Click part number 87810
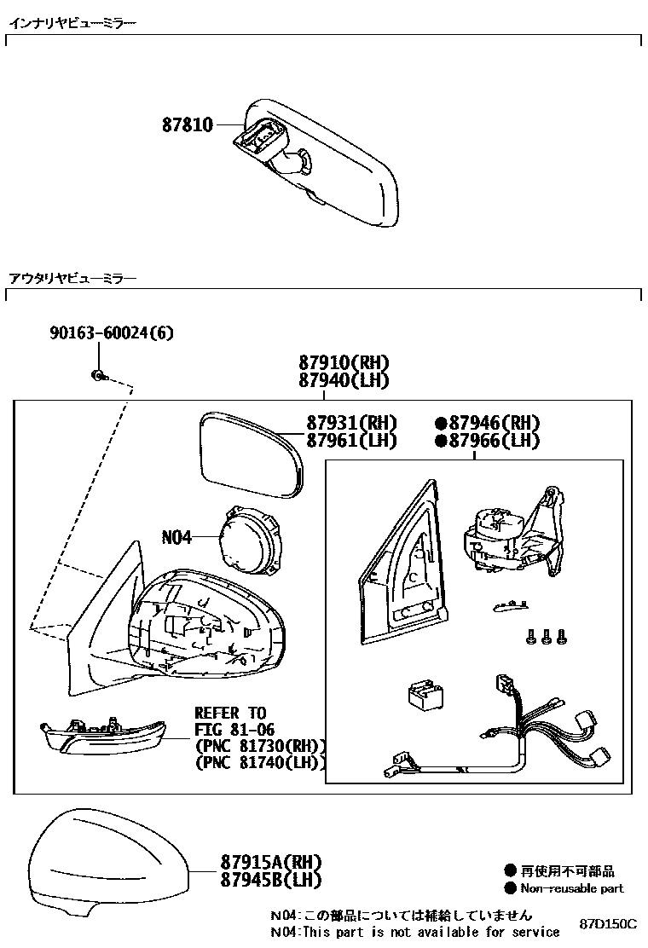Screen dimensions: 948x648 pyautogui.click(x=188, y=125)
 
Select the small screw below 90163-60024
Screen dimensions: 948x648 pyautogui.click(x=99, y=374)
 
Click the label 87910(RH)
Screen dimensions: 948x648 pyautogui.click(x=344, y=362)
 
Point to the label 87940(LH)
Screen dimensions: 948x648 pyautogui.click(x=344, y=380)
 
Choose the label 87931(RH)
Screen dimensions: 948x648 pyautogui.click(x=352, y=424)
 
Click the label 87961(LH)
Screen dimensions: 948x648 pyautogui.click(x=351, y=441)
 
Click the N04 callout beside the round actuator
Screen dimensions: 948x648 pyautogui.click(x=176, y=538)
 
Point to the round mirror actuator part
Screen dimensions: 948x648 pyautogui.click(x=250, y=538)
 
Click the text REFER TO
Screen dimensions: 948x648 pyautogui.click(x=230, y=713)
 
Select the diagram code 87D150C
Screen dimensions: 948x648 pyautogui.click(x=609, y=925)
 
